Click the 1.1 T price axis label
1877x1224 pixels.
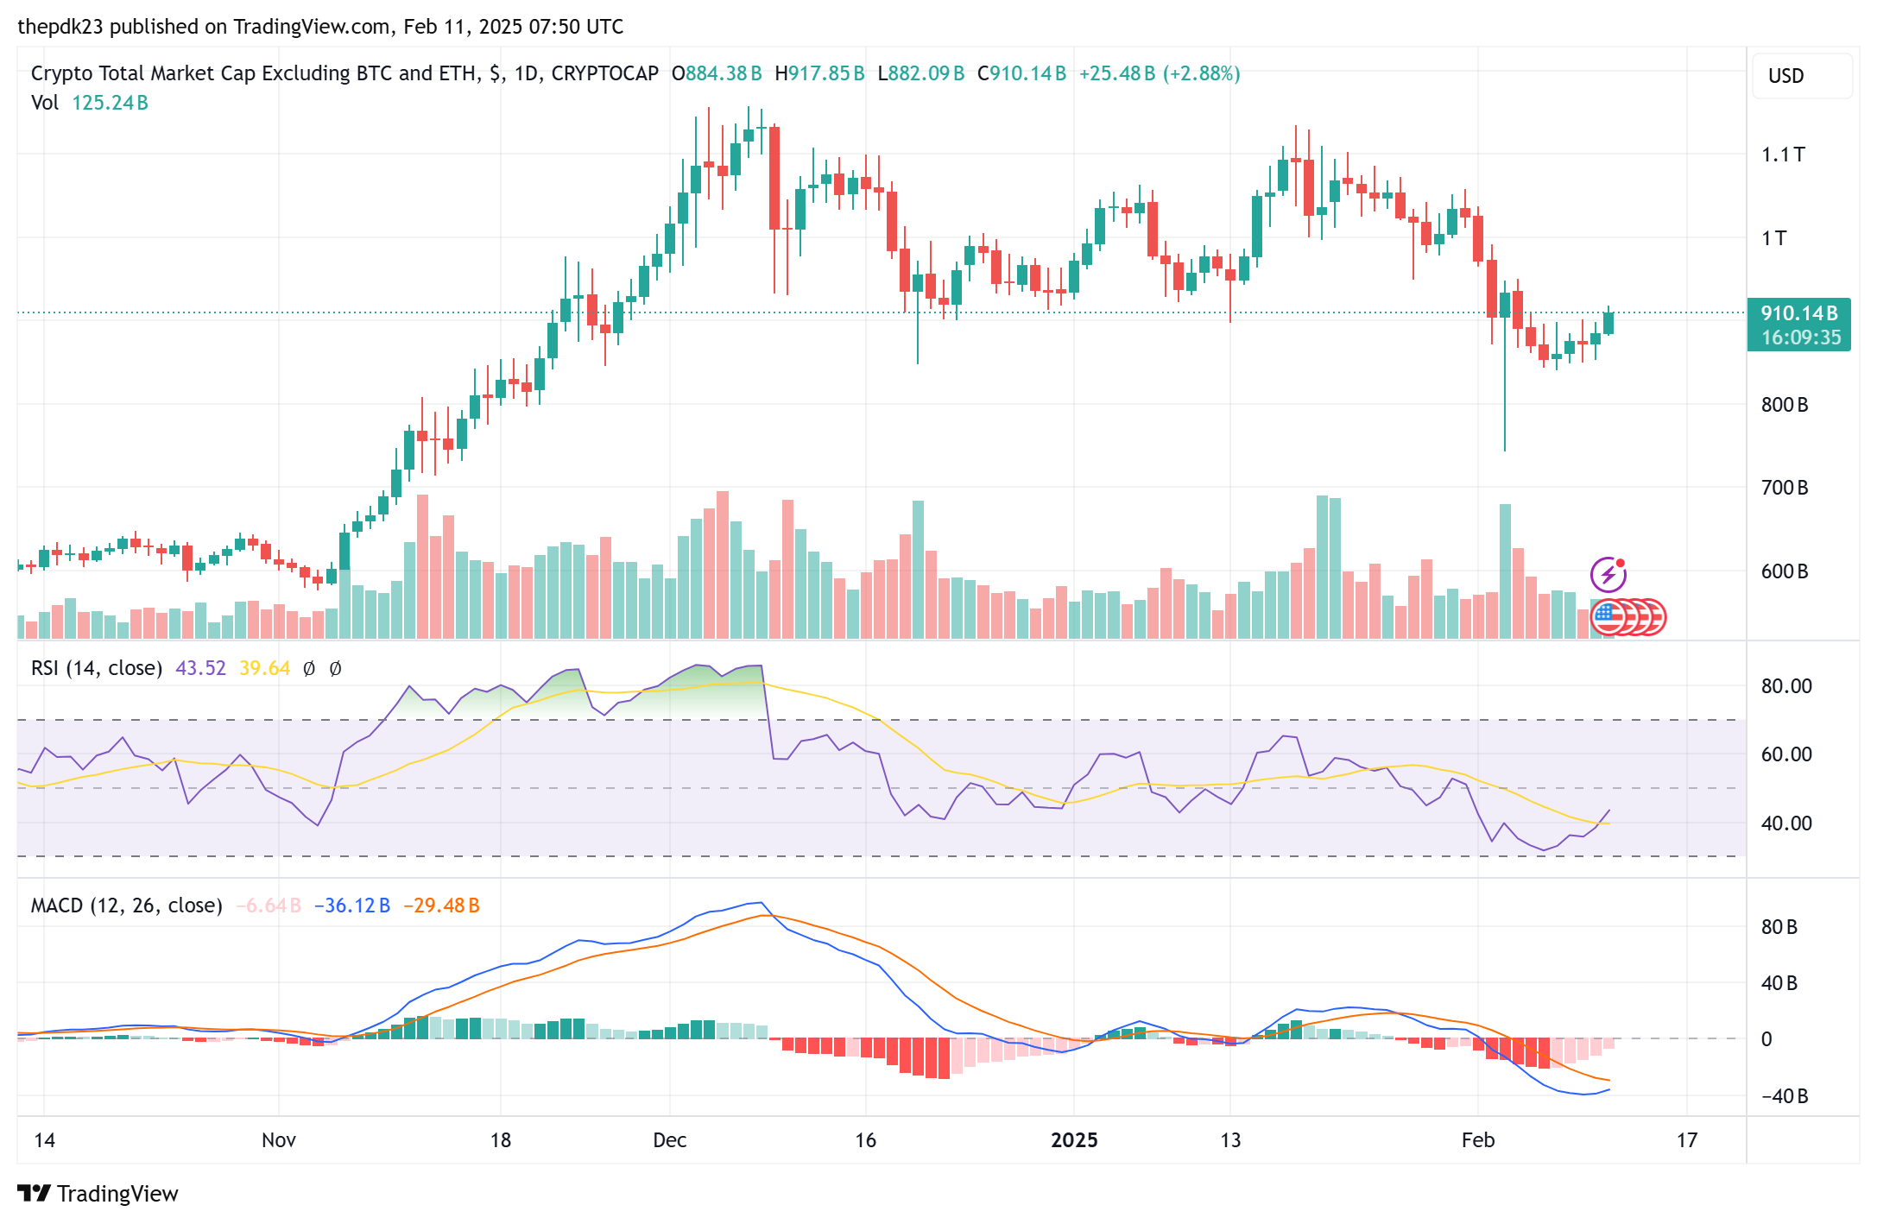point(1782,155)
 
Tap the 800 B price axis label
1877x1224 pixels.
point(1784,405)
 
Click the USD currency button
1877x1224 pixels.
point(1785,76)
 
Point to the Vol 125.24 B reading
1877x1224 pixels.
point(90,103)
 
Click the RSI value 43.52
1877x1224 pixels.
point(200,668)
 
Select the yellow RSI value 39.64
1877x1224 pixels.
point(264,668)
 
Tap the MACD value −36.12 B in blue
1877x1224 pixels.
point(351,905)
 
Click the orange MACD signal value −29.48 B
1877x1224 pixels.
point(441,905)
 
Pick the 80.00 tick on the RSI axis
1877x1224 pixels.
point(1785,686)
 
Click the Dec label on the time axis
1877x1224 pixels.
point(669,1140)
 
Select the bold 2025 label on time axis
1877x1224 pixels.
point(1073,1140)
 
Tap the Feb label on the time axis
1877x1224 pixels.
point(1477,1140)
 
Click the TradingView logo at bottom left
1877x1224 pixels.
point(98,1193)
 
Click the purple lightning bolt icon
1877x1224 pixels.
point(1608,575)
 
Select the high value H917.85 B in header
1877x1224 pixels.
point(819,73)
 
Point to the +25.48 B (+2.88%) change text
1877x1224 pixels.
point(1159,73)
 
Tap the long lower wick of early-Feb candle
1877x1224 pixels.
point(1505,397)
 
